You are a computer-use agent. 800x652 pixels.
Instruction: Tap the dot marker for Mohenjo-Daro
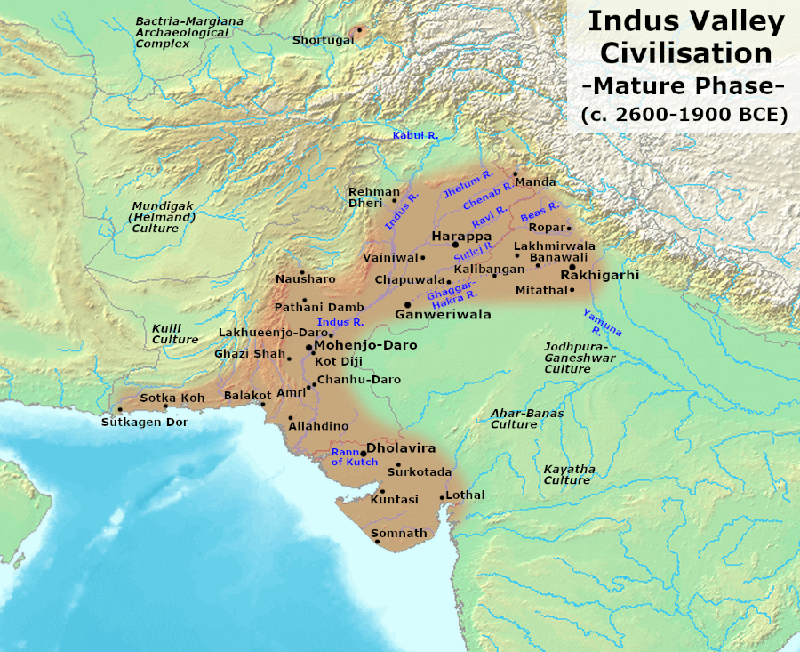pos(308,346)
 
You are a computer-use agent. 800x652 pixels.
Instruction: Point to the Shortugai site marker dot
pos(359,29)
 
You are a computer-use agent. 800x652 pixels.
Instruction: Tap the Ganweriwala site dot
pos(407,304)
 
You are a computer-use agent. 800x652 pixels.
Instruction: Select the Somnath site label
pos(398,533)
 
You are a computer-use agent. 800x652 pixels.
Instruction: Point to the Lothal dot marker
pos(442,497)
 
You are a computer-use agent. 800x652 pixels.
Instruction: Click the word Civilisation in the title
pos(685,52)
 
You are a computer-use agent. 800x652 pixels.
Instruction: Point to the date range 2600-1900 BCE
pos(684,115)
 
